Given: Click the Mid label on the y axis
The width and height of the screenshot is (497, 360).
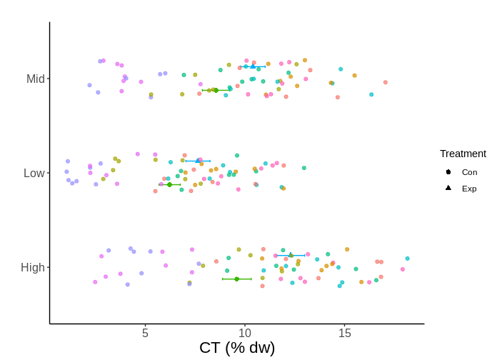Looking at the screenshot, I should pos(35,79).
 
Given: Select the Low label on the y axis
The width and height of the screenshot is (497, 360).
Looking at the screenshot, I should pos(34,173).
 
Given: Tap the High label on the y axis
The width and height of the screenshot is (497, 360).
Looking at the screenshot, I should pos(33,267).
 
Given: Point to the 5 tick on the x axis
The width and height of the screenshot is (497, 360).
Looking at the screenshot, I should pos(145,333).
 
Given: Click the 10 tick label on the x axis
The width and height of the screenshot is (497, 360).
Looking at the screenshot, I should pos(245,333).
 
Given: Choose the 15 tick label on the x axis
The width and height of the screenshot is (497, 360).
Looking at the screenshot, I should pos(345,333).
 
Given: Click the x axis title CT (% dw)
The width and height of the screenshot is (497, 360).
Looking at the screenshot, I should pos(237,348).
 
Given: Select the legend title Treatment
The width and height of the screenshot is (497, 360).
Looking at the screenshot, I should pos(463,154).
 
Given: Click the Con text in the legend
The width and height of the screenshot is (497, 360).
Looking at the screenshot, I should pos(469,172).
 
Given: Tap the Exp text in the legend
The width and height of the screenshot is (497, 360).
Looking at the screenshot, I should pos(469,189).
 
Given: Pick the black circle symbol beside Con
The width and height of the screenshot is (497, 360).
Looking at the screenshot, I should pos(448,172).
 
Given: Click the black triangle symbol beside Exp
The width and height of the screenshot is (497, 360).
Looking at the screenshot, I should pos(448,188).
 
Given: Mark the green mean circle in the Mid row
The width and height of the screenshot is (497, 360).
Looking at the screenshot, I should pos(216,91).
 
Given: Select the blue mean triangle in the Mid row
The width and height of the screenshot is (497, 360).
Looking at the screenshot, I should pos(253,66).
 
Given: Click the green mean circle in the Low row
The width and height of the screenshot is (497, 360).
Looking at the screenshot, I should pos(169,184).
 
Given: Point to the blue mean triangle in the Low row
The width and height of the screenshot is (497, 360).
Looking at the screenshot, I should pos(198,161).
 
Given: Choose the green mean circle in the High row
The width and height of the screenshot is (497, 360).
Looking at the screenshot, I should pos(236,279).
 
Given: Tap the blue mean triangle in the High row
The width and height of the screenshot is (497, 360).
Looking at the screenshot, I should pos(290,254).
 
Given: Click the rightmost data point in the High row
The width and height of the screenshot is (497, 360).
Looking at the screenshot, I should pos(408,259).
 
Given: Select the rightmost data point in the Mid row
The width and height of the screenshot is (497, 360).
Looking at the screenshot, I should pos(386,82).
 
